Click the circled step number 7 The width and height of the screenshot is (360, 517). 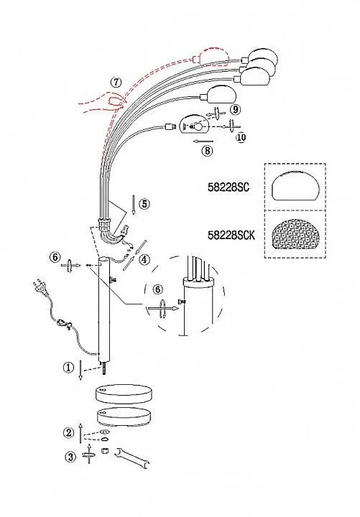pos(116,82)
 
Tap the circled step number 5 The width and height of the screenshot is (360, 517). pos(144,204)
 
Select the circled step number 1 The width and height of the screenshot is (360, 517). pos(68,368)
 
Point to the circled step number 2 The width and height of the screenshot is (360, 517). pos(69,432)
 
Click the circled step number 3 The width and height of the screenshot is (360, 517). pos(70,457)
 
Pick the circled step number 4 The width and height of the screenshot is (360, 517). pos(144,259)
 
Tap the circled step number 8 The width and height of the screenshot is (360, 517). pos(207,151)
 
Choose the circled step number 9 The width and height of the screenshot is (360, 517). pos(235,109)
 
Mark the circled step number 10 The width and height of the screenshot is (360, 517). pos(241,137)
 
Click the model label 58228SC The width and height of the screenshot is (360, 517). pos(229,187)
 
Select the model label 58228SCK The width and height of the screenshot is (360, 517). pos(231,235)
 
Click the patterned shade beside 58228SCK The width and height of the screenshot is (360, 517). pos(295,236)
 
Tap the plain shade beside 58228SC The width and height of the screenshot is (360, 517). pos(295,186)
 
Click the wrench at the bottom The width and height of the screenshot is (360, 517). pos(131,457)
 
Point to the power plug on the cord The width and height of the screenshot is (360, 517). pos(40,289)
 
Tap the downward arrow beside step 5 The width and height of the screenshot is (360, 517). pos(133,205)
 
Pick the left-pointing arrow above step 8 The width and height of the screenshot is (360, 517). pos(203,141)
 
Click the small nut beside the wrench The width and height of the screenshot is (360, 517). pos(105,450)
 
